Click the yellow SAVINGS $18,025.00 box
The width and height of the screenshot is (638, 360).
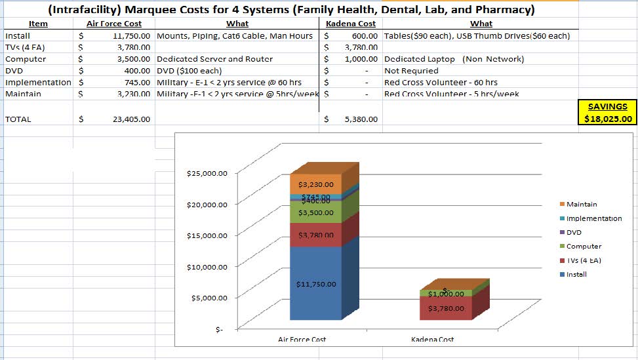click(x=608, y=112)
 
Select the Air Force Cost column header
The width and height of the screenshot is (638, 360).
click(x=114, y=24)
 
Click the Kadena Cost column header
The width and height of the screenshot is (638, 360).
click(x=355, y=24)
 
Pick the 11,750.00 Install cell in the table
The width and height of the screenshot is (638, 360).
click(x=132, y=35)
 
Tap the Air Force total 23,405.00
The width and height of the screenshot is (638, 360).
click(x=132, y=119)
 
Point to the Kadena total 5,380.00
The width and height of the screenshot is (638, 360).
click(x=361, y=119)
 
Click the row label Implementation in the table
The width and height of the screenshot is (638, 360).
click(x=38, y=83)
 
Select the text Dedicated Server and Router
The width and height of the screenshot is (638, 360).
click(x=215, y=59)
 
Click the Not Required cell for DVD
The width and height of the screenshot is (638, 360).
click(x=411, y=71)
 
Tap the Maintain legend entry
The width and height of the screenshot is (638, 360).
click(x=582, y=205)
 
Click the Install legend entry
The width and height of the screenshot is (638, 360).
click(x=576, y=274)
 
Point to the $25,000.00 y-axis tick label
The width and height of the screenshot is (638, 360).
click(x=207, y=174)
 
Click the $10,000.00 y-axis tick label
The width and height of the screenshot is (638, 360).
click(x=207, y=267)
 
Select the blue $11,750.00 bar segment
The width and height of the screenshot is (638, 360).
click(x=317, y=284)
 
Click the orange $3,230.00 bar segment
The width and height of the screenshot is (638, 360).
click(x=316, y=185)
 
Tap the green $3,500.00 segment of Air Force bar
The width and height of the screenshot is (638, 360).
click(x=316, y=212)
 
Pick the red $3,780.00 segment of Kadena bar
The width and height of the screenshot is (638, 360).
click(x=445, y=308)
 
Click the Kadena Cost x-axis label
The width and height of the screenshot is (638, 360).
click(x=433, y=339)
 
